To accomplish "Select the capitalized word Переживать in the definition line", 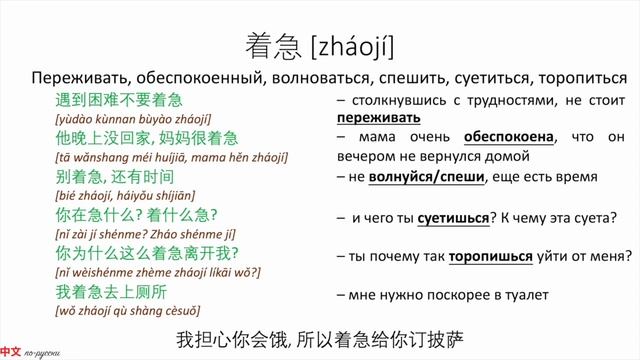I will (74, 79).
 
